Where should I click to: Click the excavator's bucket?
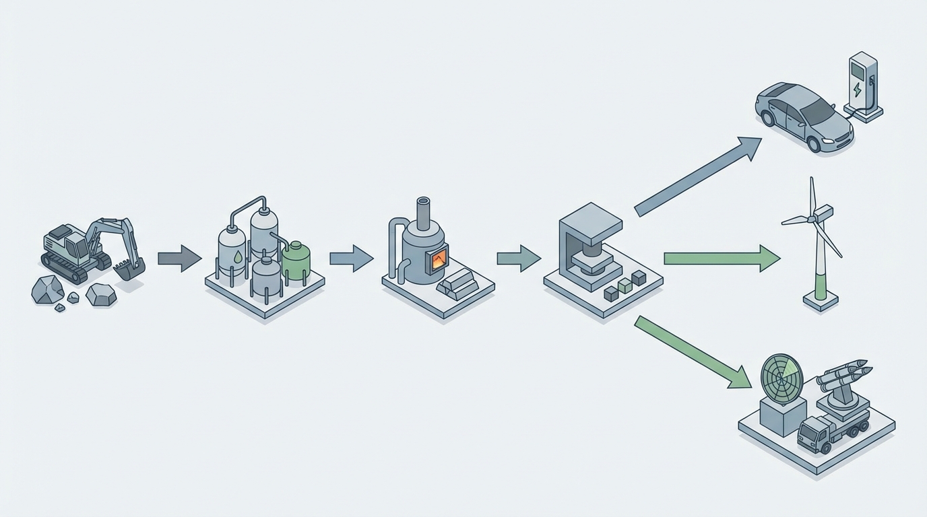[128, 269]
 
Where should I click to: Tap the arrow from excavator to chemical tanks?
[179, 258]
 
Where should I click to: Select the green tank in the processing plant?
[296, 261]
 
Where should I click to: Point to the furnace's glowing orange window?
[439, 259]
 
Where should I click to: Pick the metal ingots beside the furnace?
[457, 283]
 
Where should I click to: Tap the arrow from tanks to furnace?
[351, 258]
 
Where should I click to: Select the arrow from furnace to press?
[518, 258]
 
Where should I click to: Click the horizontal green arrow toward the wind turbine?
[721, 258]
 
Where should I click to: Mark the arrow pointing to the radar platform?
[694, 353]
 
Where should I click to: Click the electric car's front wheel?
[814, 143]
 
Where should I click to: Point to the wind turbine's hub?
[815, 217]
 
